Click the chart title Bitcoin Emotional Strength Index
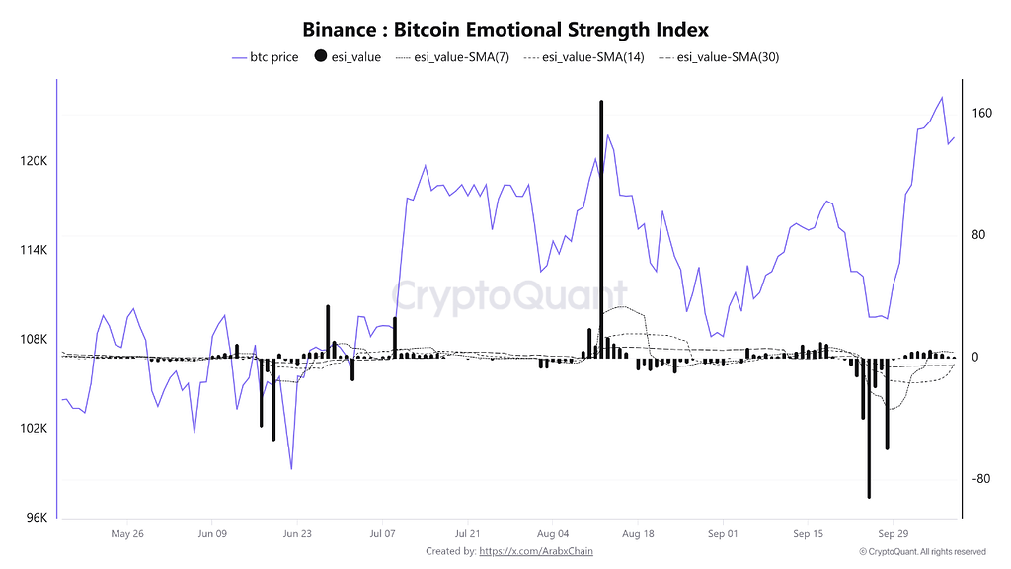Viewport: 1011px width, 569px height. pos(505,30)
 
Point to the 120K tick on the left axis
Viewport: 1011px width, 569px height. pos(34,161)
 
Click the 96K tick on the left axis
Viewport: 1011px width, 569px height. pos(36,518)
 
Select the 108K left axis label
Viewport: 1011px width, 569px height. pos(34,339)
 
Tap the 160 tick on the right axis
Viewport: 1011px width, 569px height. pos(981,113)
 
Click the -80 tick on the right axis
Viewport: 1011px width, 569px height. pos(980,479)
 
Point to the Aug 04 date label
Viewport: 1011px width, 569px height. pos(552,534)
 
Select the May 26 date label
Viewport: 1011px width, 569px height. pos(127,534)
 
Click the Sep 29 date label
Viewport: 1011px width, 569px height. pos(893,534)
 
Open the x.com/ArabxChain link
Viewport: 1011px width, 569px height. pos(536,551)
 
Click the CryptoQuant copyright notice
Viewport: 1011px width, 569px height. pos(922,551)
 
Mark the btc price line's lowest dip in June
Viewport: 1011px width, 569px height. pos(291,468)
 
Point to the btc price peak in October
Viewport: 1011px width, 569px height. pos(942,97)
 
